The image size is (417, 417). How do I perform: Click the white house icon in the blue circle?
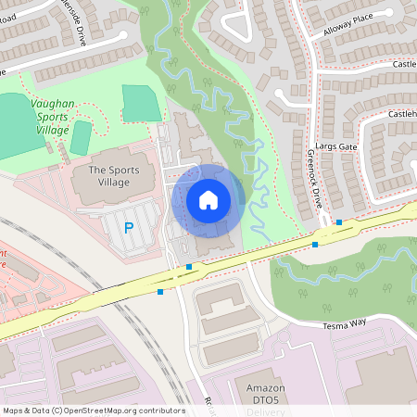coord(208,199)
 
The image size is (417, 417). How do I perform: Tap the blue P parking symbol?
coord(129,227)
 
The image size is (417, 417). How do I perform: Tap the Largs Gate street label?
coord(335,146)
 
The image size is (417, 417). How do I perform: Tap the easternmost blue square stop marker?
coord(339,222)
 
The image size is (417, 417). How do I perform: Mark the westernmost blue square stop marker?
coord(160,292)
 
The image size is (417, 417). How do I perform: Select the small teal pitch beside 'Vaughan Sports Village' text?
coord(81,137)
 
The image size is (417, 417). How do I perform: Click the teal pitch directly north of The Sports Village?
coord(139,103)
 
